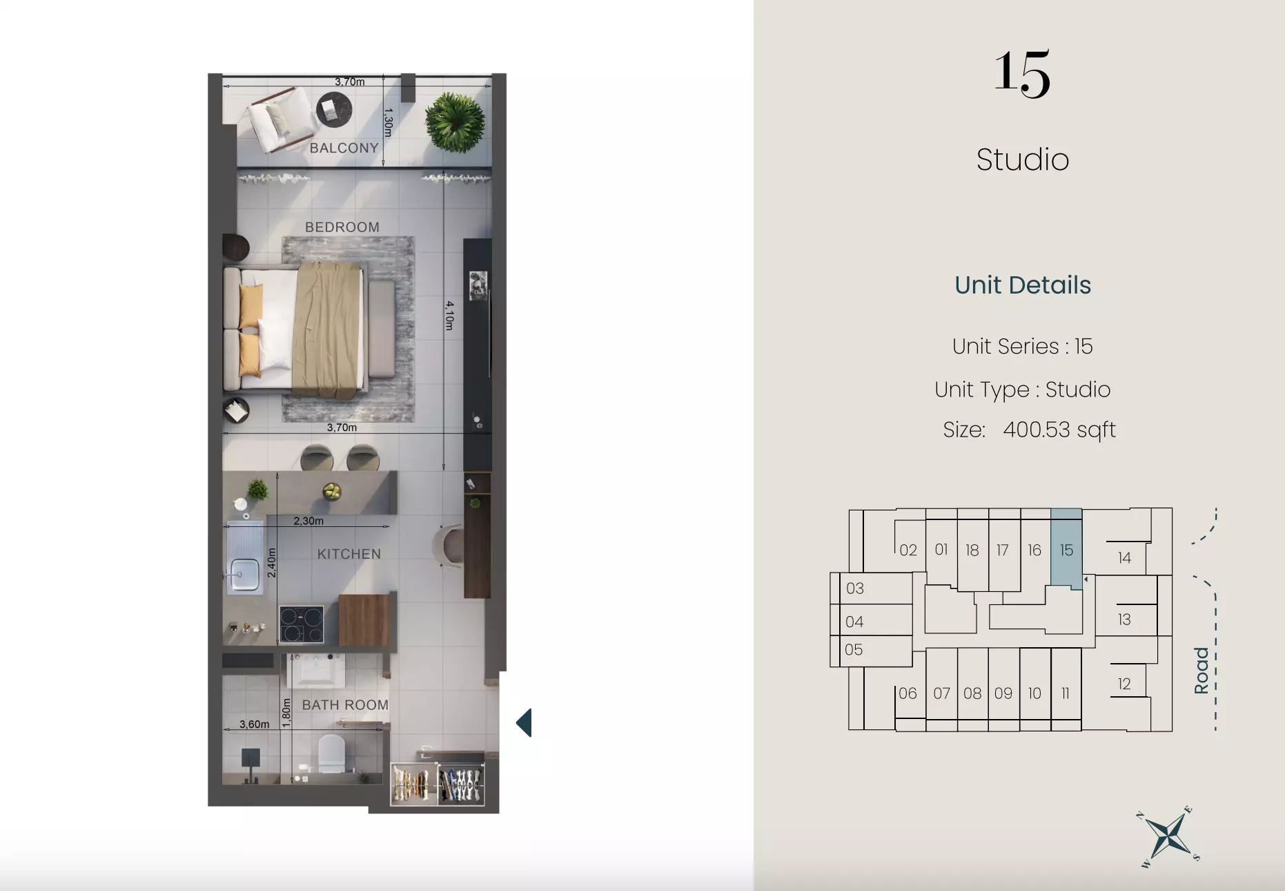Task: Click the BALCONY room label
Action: pyautogui.click(x=344, y=148)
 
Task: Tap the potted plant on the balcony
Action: pyautogui.click(x=454, y=124)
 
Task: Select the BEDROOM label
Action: pyautogui.click(x=342, y=227)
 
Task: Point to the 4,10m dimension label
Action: pyautogui.click(x=449, y=315)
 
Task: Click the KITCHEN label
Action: pyautogui.click(x=349, y=554)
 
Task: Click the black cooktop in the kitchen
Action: pyautogui.click(x=302, y=624)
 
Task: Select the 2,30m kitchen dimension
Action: pyautogui.click(x=308, y=521)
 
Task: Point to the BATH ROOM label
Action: pyautogui.click(x=345, y=705)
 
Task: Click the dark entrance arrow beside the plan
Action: pyautogui.click(x=524, y=723)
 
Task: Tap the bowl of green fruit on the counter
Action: pyautogui.click(x=332, y=491)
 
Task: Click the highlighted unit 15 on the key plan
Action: pyautogui.click(x=1066, y=550)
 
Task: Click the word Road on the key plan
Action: pyautogui.click(x=1201, y=671)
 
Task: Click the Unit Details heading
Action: pyautogui.click(x=1023, y=285)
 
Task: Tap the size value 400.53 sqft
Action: pyautogui.click(x=1059, y=430)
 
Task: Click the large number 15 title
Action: pyautogui.click(x=1022, y=73)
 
